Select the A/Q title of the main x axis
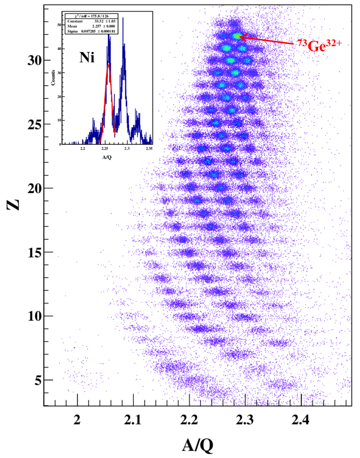click(197, 445)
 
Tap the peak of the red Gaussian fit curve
click(109, 64)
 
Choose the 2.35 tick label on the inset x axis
click(149, 149)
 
